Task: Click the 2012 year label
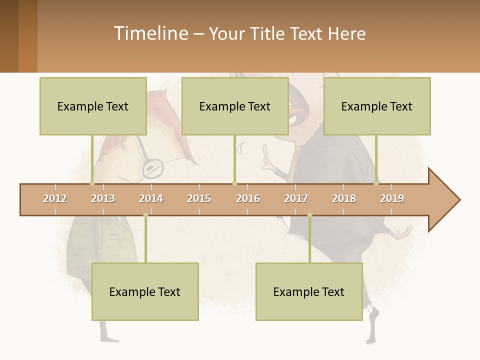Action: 55,198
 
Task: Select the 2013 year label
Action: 103,198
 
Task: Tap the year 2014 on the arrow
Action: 151,198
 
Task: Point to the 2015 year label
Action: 199,198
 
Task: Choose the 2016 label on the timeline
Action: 248,198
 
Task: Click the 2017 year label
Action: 296,198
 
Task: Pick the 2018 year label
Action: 344,198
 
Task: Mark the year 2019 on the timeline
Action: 392,198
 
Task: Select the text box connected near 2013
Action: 93,106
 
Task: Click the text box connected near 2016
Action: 235,106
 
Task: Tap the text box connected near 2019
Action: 377,106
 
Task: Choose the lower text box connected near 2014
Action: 145,291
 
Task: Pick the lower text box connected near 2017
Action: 309,291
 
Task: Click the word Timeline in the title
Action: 150,33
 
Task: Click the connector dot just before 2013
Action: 92,183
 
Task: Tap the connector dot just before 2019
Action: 376,183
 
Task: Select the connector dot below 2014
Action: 145,215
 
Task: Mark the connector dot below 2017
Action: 309,215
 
